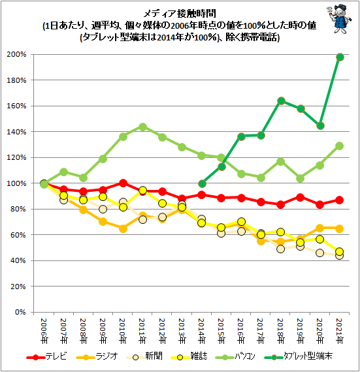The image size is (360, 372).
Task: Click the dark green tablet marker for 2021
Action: click(x=340, y=57)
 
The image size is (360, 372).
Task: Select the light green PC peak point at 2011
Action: click(x=142, y=127)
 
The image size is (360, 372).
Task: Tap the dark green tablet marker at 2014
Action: click(x=202, y=183)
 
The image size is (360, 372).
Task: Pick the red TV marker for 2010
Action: click(x=123, y=183)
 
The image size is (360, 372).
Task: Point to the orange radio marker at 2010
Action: click(x=123, y=228)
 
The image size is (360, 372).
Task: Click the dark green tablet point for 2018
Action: click(x=281, y=101)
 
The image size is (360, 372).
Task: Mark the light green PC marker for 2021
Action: click(x=340, y=146)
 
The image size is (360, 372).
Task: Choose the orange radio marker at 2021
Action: click(x=340, y=228)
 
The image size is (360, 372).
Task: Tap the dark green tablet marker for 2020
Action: click(x=320, y=125)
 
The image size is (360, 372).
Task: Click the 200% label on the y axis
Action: click(x=16, y=55)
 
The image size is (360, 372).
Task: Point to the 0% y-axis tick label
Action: click(x=20, y=312)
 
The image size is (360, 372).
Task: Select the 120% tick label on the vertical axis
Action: click(x=16, y=157)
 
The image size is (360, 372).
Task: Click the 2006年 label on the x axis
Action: click(x=44, y=331)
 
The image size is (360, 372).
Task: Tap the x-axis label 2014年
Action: click(x=202, y=331)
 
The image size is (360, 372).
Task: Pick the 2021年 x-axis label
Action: click(x=340, y=331)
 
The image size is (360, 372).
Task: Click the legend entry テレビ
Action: click(x=46, y=356)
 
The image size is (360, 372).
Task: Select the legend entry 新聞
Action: click(x=144, y=356)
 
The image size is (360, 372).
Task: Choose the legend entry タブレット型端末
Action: click(x=299, y=356)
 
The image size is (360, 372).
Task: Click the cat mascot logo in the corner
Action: click(x=339, y=19)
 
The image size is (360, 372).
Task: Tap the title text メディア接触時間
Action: click(x=180, y=14)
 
